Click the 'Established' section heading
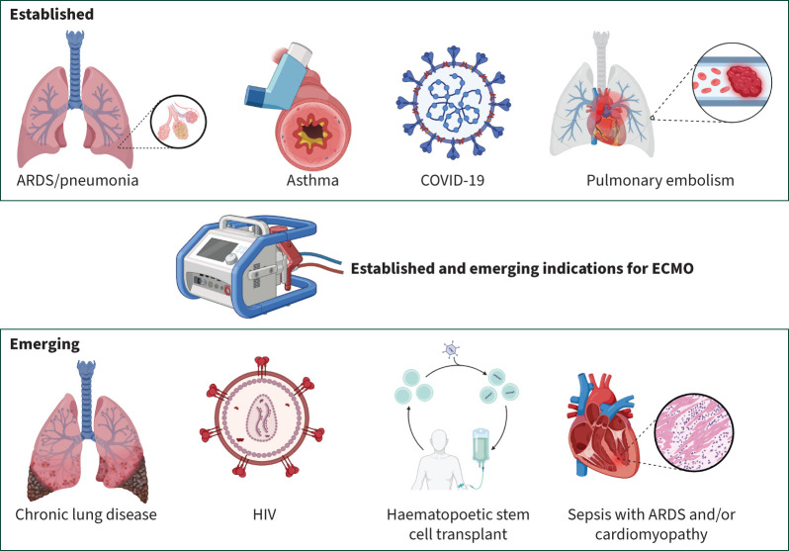[x=53, y=17]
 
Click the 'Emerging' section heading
[x=45, y=346]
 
